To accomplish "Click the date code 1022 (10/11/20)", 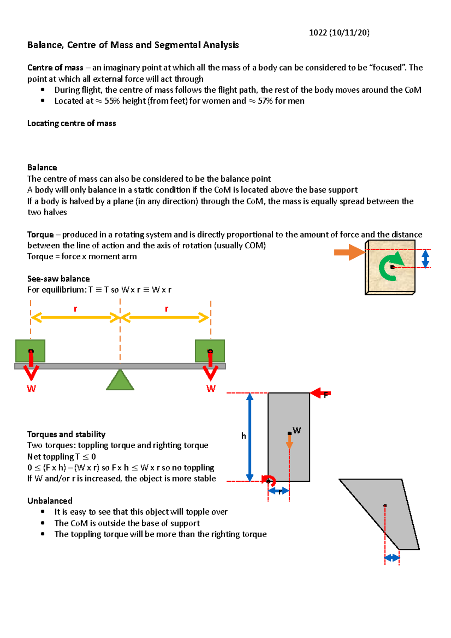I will click(339, 33).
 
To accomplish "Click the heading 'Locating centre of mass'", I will click(71, 123).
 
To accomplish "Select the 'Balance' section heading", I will click(42, 168).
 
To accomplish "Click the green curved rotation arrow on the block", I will click(389, 266).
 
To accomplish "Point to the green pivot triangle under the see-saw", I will click(120, 380).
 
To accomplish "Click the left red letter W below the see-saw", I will click(31, 389).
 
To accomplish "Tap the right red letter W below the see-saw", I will click(211, 389).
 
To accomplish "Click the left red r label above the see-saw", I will click(75, 309).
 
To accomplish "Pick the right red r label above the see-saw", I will click(166, 309).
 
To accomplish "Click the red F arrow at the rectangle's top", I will click(319, 393).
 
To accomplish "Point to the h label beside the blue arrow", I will click(244, 436).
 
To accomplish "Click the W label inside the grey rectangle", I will click(297, 430).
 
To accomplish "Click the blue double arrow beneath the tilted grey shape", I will click(392, 558).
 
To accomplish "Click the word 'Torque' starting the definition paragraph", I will click(40, 234).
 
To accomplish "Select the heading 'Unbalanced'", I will click(50, 501).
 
